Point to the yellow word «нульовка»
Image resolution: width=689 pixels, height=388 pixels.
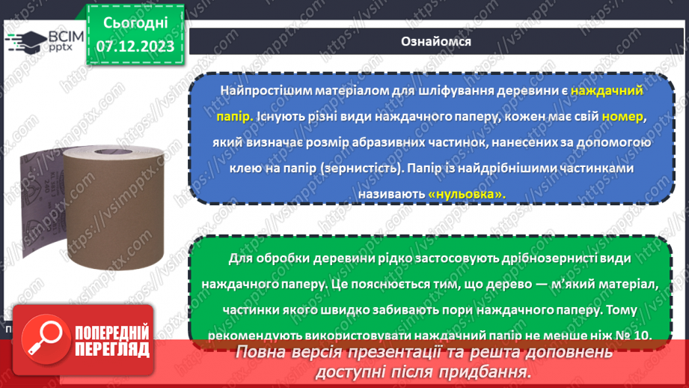[467, 193]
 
